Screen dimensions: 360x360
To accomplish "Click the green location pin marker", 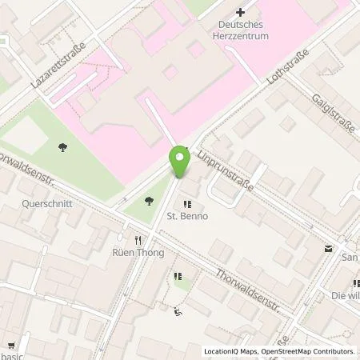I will coord(180,162).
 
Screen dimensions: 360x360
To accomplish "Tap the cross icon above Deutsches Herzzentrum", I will coord(241,13).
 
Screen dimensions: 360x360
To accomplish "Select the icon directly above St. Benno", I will coord(189,202).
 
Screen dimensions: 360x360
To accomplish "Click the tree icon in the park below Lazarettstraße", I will coord(62,146).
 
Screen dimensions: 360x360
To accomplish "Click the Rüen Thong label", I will coord(138,253).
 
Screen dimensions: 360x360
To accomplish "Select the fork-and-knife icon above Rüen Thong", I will coord(138,239).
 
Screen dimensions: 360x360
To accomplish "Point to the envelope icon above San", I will coord(328,249).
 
